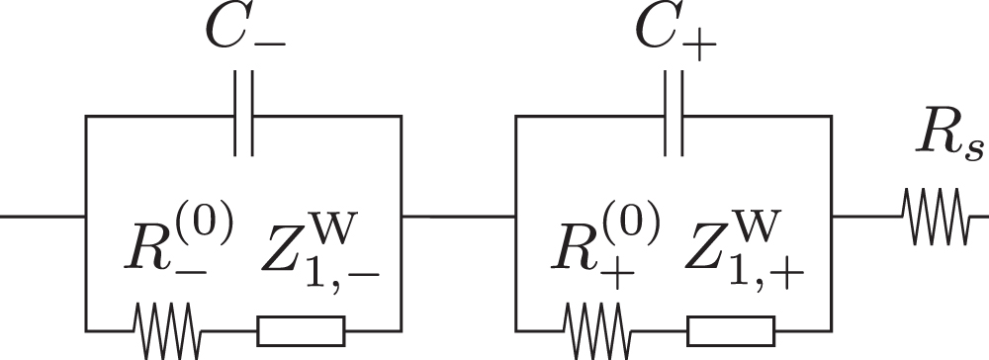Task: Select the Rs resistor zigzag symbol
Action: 935,215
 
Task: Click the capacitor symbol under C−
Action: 244,116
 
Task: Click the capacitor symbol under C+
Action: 674,116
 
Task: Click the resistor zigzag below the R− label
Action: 169,329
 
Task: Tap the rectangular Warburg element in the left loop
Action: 301,329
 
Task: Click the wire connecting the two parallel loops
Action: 459,215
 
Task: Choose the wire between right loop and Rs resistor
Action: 866,215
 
